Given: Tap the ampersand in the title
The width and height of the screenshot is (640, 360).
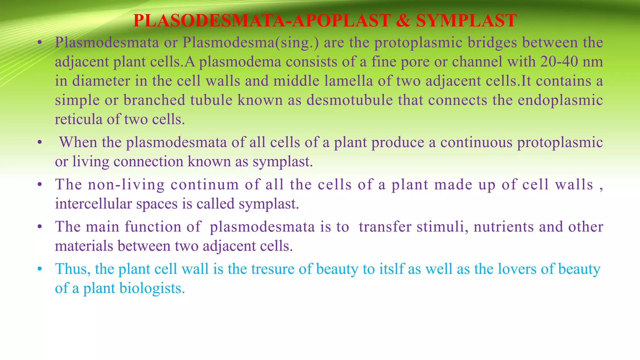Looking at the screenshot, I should click(x=403, y=21).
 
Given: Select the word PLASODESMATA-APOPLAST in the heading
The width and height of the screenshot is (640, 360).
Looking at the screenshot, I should click(x=262, y=21).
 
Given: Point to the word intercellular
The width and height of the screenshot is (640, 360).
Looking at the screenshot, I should click(x=93, y=204).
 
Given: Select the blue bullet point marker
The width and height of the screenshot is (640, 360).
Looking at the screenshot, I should click(x=39, y=269).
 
